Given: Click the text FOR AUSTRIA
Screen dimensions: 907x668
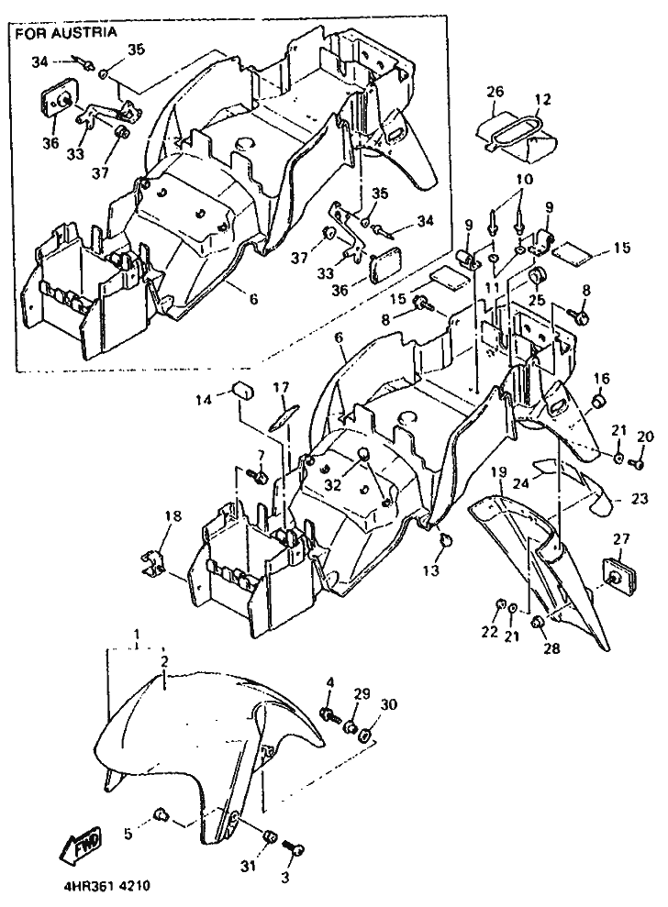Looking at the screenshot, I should (66, 32).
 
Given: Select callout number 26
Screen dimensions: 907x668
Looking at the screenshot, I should (495, 93).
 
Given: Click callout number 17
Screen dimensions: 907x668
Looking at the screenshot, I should (281, 388).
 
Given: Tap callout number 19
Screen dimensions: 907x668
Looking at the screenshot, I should (497, 471).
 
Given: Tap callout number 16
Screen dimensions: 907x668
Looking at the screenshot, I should (600, 378).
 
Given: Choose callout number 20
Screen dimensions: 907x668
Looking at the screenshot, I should (643, 435).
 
